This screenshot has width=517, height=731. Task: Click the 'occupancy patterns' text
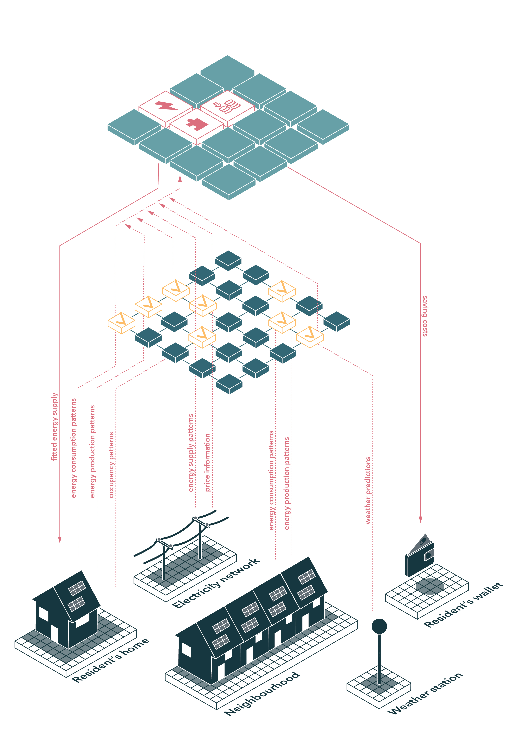pyautogui.click(x=111, y=465)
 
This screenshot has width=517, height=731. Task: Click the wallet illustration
pyautogui.click(x=420, y=556)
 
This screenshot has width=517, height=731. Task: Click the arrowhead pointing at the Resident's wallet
pyautogui.click(x=420, y=520)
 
